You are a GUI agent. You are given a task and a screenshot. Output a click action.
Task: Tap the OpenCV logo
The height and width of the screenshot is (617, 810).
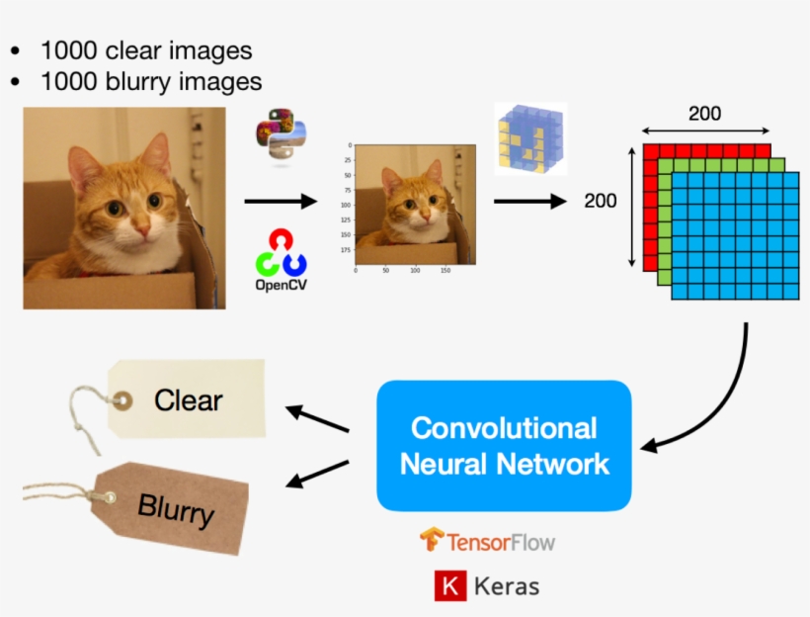pos(281,258)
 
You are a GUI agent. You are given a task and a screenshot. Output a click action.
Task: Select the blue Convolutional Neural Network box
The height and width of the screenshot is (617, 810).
pos(504,445)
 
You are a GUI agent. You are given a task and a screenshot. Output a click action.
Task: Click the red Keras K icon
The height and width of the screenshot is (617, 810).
pos(449,586)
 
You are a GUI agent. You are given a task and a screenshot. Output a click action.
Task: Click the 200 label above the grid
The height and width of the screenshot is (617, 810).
pos(704,114)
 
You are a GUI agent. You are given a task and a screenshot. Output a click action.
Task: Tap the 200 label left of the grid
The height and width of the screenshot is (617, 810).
pos(600,201)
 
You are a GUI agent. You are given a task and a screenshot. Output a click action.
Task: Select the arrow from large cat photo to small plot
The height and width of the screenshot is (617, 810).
pos(281,201)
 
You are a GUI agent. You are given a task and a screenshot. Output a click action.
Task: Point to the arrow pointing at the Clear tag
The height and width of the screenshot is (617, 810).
pos(317,418)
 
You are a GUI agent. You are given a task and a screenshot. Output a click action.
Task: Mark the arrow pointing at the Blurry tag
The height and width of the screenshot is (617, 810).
pos(317,474)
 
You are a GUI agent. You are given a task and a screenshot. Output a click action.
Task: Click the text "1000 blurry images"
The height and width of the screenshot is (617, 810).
pos(150,81)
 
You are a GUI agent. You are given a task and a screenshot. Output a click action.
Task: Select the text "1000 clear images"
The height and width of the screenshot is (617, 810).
pos(145,50)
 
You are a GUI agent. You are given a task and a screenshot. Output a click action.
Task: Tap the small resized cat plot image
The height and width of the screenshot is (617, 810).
pos(415,204)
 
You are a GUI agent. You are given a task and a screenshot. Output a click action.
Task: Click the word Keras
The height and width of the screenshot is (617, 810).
pos(507,586)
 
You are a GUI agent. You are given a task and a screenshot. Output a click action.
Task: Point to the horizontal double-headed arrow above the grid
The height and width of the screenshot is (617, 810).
pos(704,131)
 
